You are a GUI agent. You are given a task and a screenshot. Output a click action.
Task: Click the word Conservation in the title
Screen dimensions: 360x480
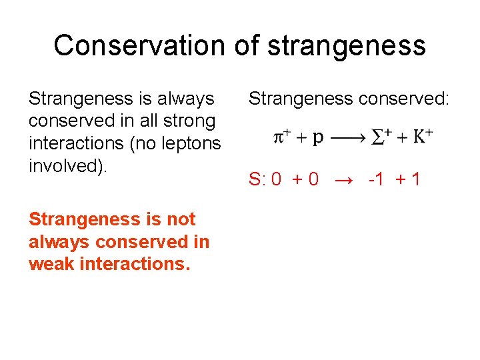click(139, 45)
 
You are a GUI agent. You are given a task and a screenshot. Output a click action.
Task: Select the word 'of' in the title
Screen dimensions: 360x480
click(247, 45)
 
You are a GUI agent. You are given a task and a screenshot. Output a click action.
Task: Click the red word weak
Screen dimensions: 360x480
click(51, 264)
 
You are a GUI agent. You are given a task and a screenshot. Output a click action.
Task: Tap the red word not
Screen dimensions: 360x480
click(179, 219)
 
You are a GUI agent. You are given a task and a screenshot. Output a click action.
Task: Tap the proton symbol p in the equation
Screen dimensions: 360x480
click(318, 138)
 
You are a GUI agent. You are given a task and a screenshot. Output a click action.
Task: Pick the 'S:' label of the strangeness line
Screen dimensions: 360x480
click(257, 179)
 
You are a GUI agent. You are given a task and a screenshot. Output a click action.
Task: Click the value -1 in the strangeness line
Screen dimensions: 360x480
click(376, 179)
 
